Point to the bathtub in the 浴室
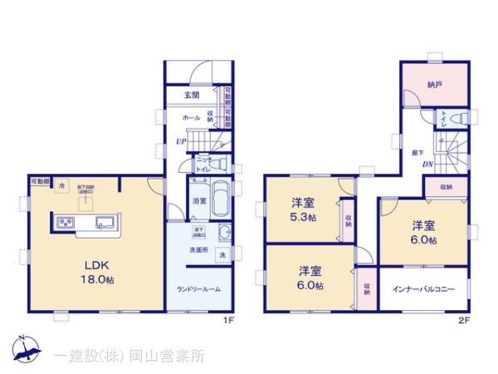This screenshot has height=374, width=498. click(220, 199)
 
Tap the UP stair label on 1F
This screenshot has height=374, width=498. click(180, 141)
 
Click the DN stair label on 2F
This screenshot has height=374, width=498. click(427, 164)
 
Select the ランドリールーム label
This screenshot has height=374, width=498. click(198, 288)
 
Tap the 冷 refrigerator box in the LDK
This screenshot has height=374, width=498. click(62, 185)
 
